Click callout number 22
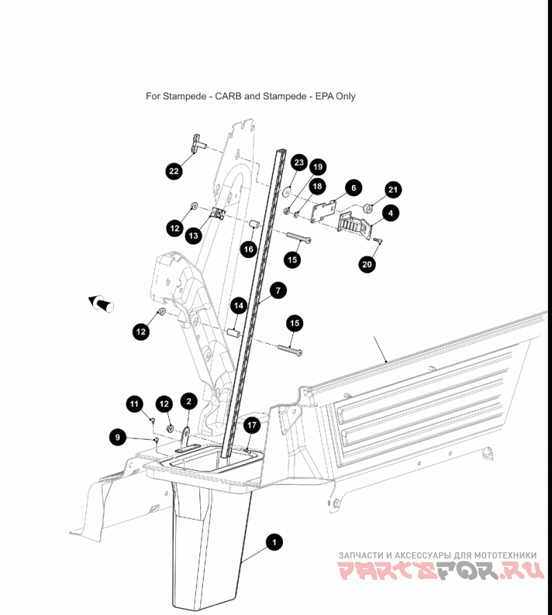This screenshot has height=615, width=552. pyautogui.click(x=174, y=171)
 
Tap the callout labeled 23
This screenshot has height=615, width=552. pyautogui.click(x=299, y=162)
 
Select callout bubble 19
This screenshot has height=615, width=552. pyautogui.click(x=318, y=167)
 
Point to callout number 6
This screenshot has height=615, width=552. pyautogui.click(x=353, y=188)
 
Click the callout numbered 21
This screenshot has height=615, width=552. pyautogui.click(x=393, y=190)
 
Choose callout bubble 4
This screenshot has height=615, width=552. pyautogui.click(x=391, y=213)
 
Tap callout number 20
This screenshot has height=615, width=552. pyautogui.click(x=367, y=264)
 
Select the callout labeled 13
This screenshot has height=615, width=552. pyautogui.click(x=193, y=235)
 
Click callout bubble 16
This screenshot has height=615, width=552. pyautogui.click(x=248, y=249)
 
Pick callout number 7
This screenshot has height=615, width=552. pyautogui.click(x=278, y=291)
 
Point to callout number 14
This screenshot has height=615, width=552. pyautogui.click(x=239, y=306)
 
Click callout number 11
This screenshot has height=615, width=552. pyautogui.click(x=135, y=404)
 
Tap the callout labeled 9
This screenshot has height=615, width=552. pyautogui.click(x=118, y=436)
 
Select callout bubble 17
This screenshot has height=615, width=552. pyautogui.click(x=252, y=424)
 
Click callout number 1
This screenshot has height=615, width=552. pyautogui.click(x=274, y=543)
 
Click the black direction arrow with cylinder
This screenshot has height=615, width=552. pyautogui.click(x=101, y=304)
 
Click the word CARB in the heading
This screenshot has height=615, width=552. pyautogui.click(x=228, y=96)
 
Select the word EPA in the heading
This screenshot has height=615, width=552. pyautogui.click(x=324, y=96)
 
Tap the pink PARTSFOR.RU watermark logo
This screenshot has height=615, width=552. pyautogui.click(x=441, y=571)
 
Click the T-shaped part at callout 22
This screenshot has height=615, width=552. pyautogui.click(x=197, y=144)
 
